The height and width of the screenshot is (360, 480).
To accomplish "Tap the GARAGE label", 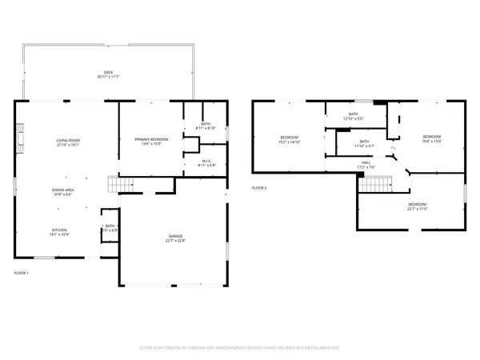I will [175, 236].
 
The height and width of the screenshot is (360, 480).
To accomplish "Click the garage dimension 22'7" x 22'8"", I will [175, 242].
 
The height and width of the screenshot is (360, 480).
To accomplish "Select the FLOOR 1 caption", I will [22, 274].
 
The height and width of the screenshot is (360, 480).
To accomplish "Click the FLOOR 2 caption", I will [259, 188].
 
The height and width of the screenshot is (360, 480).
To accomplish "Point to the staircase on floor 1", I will [119, 186].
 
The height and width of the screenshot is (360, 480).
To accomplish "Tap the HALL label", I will [365, 162].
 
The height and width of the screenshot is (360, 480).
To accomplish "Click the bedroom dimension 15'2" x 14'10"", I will [289, 142].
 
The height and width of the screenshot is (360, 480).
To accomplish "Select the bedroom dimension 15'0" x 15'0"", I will [432, 142].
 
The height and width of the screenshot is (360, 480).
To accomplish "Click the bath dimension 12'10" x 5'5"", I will [354, 119].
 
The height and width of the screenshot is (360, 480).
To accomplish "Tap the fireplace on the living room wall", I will [19, 138].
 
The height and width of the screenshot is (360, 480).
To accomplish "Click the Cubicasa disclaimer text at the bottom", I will [239, 349].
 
